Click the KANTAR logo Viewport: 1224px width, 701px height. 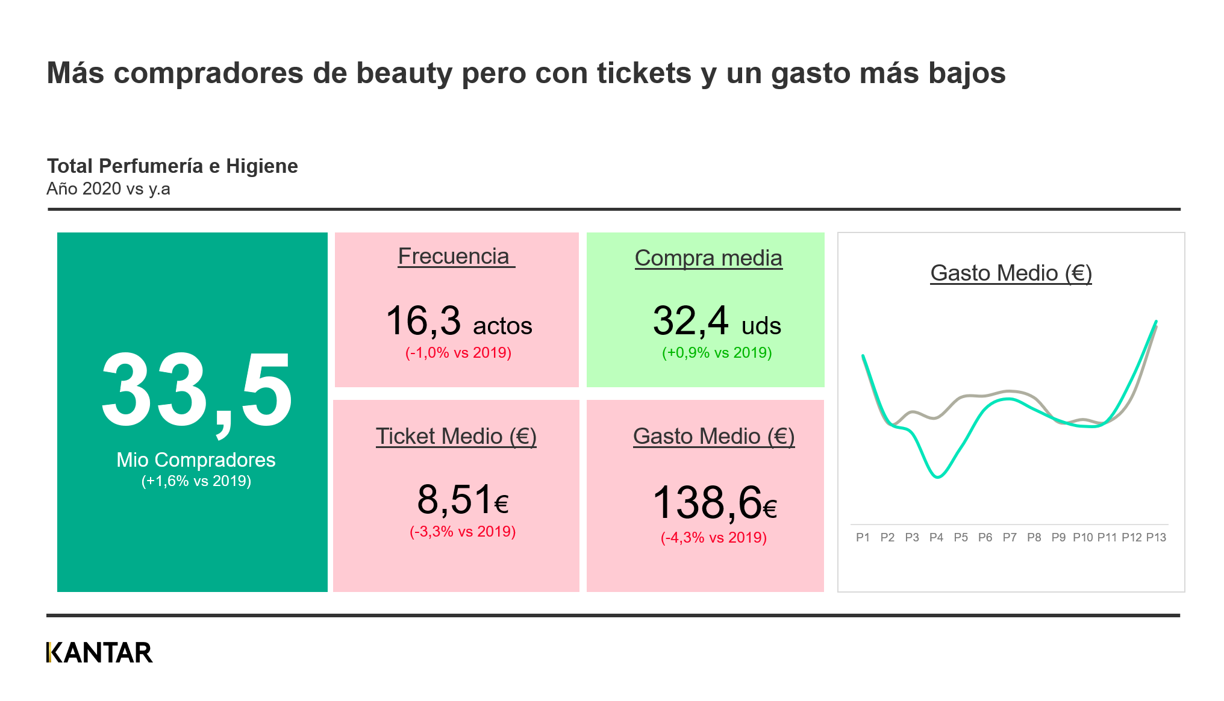[99, 653]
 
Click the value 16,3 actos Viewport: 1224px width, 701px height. [458, 322]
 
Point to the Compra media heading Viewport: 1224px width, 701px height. [708, 258]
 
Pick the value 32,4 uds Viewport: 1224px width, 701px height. [717, 322]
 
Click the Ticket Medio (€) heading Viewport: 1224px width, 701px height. [456, 437]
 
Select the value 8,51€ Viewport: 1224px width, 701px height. [463, 500]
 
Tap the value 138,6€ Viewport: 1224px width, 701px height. [714, 503]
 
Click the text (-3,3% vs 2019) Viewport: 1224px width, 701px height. [463, 532]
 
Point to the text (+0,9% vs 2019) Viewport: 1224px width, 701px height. [717, 353]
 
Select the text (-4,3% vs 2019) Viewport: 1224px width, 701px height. [714, 538]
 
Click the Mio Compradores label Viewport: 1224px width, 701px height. [196, 460]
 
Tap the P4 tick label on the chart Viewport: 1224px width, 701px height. [936, 537]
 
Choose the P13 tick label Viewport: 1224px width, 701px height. [1156, 537]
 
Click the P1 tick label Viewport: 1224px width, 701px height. [863, 537]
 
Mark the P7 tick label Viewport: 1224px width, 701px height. [1010, 537]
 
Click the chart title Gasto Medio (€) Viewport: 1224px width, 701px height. [1011, 273]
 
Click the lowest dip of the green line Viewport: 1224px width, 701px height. [938, 477]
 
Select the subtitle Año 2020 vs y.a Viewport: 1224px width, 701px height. [108, 189]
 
